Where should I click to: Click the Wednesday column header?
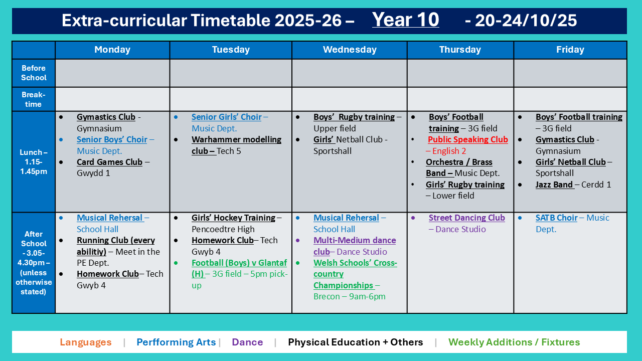(350, 50)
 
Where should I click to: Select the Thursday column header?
(460, 50)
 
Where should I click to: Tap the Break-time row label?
(34, 99)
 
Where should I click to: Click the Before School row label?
(34, 73)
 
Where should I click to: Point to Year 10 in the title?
(405, 20)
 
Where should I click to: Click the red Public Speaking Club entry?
(468, 139)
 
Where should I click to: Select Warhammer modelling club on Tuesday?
(236, 145)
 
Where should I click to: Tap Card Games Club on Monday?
(109, 162)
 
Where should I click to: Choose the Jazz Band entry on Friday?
(554, 185)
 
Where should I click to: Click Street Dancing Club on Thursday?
(466, 218)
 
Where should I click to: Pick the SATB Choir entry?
(556, 218)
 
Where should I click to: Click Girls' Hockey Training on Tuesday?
(233, 218)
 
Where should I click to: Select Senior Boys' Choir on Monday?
(112, 139)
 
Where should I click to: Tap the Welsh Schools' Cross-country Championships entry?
(355, 274)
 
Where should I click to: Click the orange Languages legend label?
(85, 342)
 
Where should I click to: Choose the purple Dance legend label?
(247, 342)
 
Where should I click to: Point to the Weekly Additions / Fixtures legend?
(514, 342)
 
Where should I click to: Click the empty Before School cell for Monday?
(112, 73)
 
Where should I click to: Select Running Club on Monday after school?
(116, 246)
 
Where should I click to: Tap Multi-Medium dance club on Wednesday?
(355, 246)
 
